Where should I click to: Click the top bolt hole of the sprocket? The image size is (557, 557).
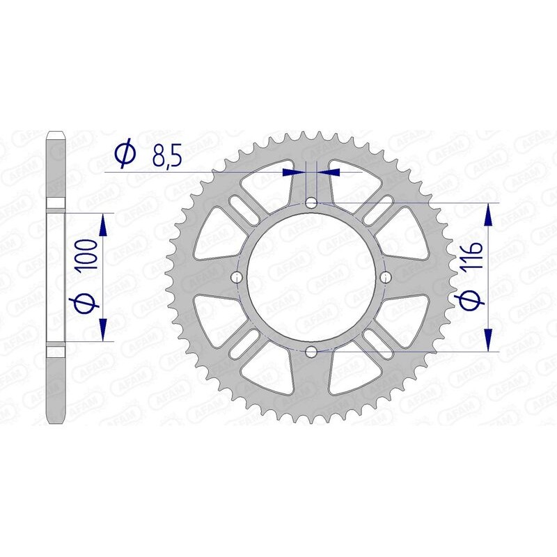311,203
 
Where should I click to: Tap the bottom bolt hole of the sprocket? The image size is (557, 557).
311,352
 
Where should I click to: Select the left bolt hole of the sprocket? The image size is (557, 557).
237,278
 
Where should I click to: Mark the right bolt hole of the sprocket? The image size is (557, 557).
386,278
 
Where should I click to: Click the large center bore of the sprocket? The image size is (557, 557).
311,278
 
